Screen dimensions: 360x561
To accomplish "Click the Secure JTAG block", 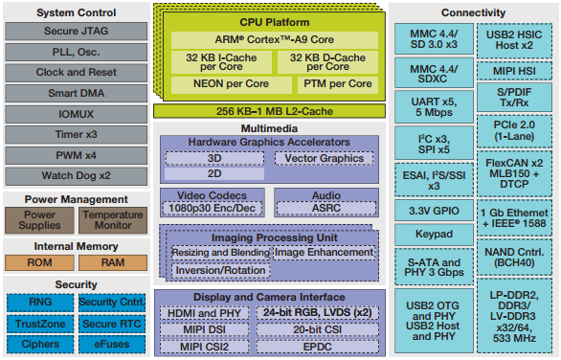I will point(76,31).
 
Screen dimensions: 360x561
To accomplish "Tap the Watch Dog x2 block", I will point(76,175).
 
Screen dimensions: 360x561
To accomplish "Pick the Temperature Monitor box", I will point(112,221).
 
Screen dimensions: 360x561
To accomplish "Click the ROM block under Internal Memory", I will point(39,262).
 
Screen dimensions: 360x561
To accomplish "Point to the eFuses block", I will point(112,344).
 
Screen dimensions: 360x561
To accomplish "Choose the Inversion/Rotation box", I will point(219,271).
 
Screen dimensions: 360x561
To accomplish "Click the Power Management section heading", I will point(77,198).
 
